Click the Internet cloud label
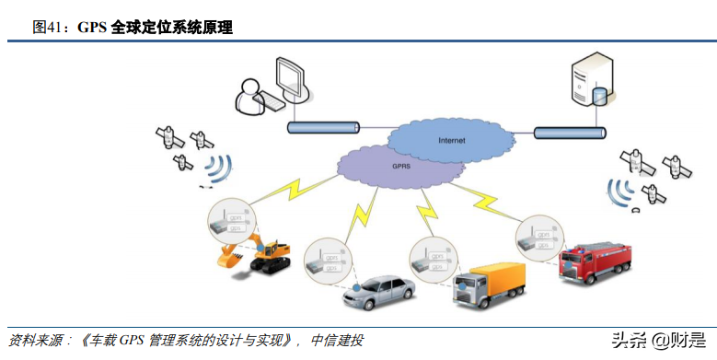[x=451, y=140]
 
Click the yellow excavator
[x=255, y=254]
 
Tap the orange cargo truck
[x=488, y=285]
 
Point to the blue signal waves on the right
[x=618, y=190]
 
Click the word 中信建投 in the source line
[x=338, y=340]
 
